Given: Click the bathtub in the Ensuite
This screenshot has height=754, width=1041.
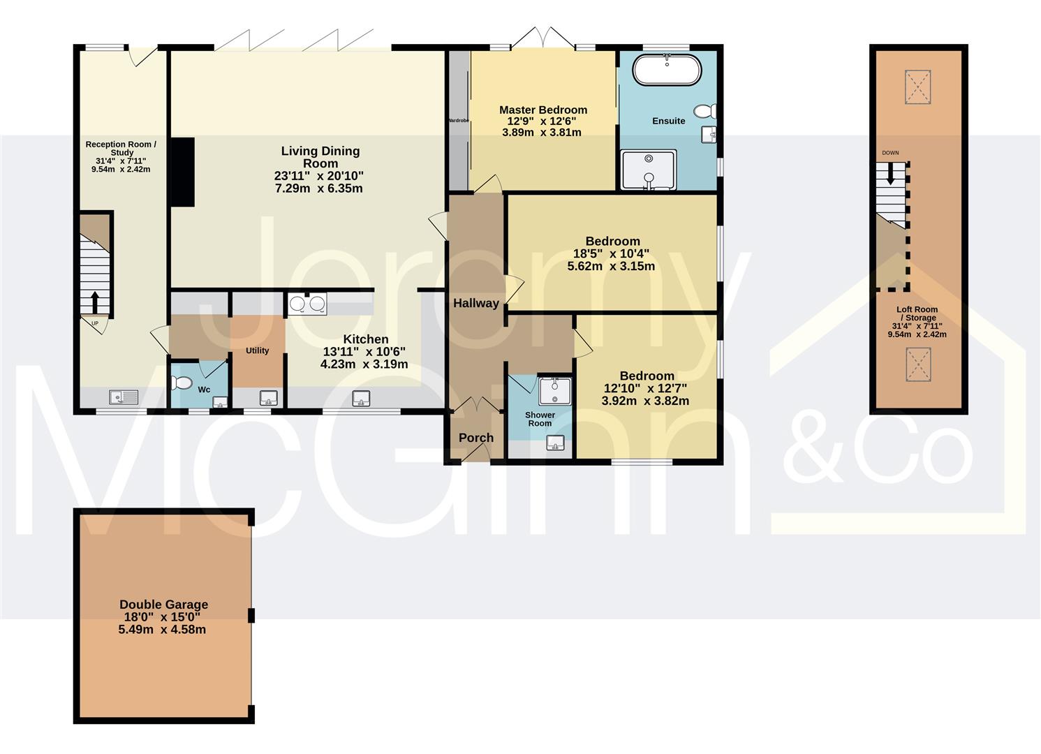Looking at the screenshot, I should tap(666, 70).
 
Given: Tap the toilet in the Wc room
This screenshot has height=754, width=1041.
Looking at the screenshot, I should tap(182, 383).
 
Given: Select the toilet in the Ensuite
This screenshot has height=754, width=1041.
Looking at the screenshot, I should tap(705, 111).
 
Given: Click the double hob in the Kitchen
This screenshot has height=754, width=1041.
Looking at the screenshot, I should tap(307, 304).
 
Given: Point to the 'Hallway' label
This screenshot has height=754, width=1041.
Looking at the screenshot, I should tap(476, 303).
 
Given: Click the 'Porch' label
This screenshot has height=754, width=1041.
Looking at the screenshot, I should tap(476, 438).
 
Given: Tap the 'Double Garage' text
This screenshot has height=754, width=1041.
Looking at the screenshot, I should tap(163, 605).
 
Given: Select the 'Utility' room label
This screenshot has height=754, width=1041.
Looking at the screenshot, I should tap(257, 350).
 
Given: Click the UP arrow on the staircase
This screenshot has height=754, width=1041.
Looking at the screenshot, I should tap(94, 302).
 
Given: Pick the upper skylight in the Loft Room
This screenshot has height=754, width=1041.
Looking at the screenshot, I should tap(918, 87).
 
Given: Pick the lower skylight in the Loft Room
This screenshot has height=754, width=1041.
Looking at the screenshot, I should tap(918, 364).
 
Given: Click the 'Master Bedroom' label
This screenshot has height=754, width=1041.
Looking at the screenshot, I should tap(543, 110).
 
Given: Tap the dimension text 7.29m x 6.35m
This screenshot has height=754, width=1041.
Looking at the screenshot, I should tap(318, 188).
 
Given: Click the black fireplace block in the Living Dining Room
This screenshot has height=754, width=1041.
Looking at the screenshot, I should tap(183, 172).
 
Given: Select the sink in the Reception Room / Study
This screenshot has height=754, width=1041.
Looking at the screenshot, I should tap(124, 397).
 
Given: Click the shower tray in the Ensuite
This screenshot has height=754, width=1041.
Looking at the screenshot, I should tap(649, 170).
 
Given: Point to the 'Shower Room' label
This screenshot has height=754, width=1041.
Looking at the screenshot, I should tap(540, 419).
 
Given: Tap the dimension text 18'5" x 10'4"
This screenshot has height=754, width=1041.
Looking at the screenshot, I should tap(612, 254).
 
